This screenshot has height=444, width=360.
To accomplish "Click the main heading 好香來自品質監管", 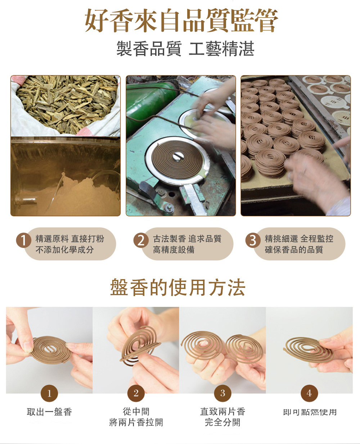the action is pyautogui.click(x=181, y=21).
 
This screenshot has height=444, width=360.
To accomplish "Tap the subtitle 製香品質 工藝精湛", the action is pyautogui.click(x=185, y=49).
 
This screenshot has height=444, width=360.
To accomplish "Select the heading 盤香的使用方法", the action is pyautogui.click(x=177, y=287).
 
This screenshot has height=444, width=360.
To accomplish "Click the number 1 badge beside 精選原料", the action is pyautogui.click(x=23, y=240).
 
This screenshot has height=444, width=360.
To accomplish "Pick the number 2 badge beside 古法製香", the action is pyautogui.click(x=141, y=240).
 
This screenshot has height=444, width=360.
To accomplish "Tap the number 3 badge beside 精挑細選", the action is pyautogui.click(x=253, y=240).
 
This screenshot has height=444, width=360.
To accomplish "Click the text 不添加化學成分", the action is pyautogui.click(x=65, y=249).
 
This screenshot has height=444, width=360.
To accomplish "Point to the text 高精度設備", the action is pyautogui.click(x=174, y=249).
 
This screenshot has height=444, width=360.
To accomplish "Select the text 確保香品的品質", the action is pyautogui.click(x=294, y=249).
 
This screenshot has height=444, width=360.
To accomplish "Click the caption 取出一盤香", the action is pyautogui.click(x=49, y=412).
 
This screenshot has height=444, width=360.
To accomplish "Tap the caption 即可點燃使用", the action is pyautogui.click(x=310, y=412).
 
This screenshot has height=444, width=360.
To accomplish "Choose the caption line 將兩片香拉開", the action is pyautogui.click(x=136, y=422).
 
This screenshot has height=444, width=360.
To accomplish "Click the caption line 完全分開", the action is pyautogui.click(x=222, y=422).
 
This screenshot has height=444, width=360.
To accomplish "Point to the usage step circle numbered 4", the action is pyautogui.click(x=309, y=393).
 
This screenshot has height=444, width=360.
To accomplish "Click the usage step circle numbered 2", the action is pyautogui.click(x=136, y=393).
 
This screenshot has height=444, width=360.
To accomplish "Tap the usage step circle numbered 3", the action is pyautogui.click(x=222, y=393).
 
